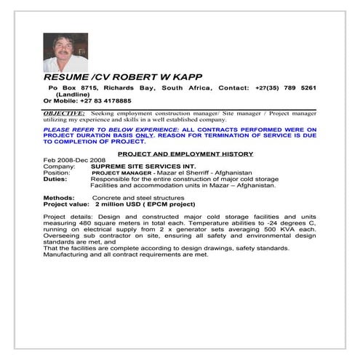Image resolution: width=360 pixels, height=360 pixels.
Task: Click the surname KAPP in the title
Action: pyautogui.click(x=187, y=77)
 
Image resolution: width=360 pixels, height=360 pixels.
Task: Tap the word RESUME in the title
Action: pyautogui.click(x=66, y=77)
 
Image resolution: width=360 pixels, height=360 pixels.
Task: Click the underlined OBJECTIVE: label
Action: pyautogui.click(x=65, y=114)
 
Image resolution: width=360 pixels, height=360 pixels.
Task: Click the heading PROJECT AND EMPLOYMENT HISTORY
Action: pyautogui.click(x=185, y=153)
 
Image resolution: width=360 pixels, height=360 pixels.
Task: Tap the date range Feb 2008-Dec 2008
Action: pyautogui.click(x=75, y=160)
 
